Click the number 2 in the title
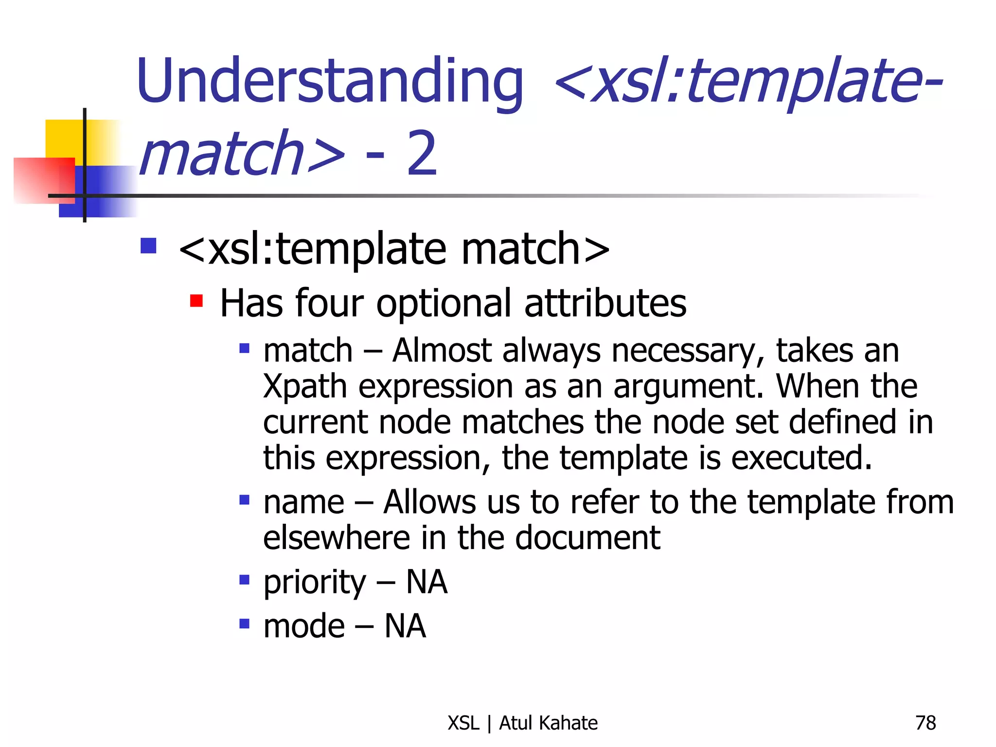422,154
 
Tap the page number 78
925,723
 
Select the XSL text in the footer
463,723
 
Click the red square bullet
196,301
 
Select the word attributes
605,303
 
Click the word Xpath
305,387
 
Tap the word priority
314,583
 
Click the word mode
304,626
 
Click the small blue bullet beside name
245,500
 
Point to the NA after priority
427,583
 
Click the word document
587,538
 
